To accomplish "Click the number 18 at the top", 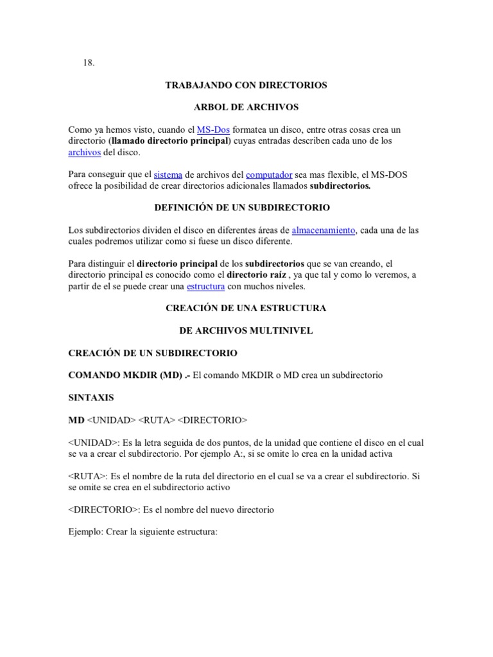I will tap(88, 62).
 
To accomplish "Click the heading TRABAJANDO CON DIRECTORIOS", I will tap(246, 85).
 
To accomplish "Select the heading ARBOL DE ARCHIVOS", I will tap(246, 107).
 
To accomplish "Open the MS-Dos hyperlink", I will tap(213, 130).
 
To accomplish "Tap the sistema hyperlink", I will tap(168, 175).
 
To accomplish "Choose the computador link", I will tap(269, 175).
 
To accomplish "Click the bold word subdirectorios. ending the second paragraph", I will tap(340, 186).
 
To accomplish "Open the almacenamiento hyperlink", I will tap(324, 230).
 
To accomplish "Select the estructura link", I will tap(205, 287).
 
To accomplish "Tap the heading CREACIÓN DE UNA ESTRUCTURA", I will tap(246, 308).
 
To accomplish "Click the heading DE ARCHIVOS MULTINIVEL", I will tap(246, 330).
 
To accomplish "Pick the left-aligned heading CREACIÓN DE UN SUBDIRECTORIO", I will tap(153, 353).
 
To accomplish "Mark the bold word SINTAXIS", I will tap(91, 398).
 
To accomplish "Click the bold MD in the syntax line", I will tap(76, 420).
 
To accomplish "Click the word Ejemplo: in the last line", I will tap(85, 532).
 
